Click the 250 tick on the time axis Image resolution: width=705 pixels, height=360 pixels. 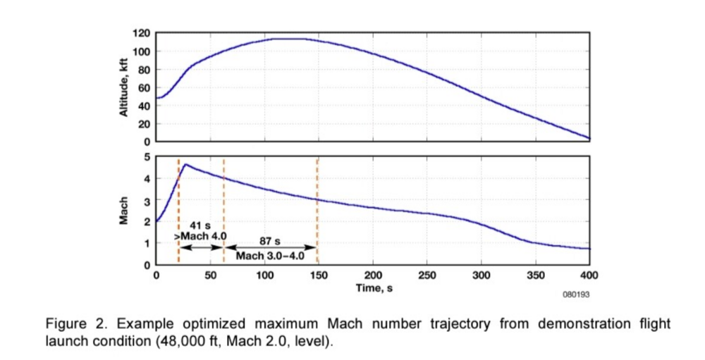(x=427, y=275)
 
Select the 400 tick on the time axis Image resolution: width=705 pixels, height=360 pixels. (x=589, y=275)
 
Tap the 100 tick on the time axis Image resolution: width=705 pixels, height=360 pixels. (x=264, y=275)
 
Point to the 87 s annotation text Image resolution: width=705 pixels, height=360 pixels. (x=270, y=241)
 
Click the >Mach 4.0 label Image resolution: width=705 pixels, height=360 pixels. (x=198, y=236)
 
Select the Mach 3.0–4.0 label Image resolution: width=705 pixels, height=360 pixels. (x=270, y=256)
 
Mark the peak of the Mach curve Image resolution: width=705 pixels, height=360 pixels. (x=185, y=164)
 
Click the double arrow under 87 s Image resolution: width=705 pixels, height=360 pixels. (x=270, y=248)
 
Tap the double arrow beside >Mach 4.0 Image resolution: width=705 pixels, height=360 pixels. (x=202, y=247)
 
